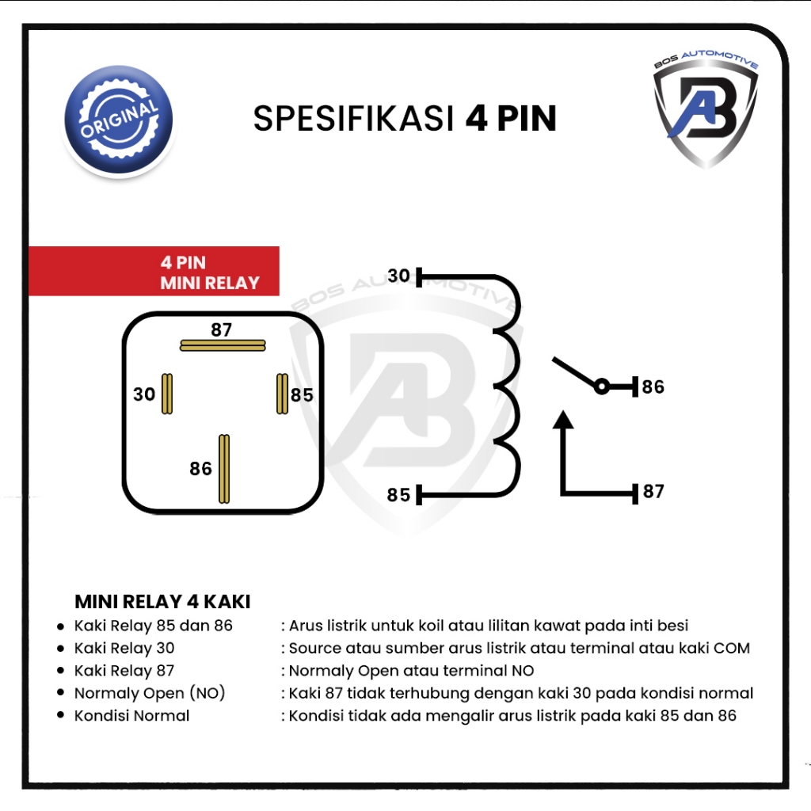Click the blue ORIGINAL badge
pos(119,120)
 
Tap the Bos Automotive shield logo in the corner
pos(706,109)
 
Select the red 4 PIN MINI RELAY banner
pos(154,272)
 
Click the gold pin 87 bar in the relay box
pos(223,345)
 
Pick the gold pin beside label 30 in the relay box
pos(167,394)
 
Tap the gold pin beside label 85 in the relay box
pos(283,394)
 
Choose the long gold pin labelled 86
pos(224,469)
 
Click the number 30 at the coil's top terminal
pos(399,276)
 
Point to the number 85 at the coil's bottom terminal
pos(399,495)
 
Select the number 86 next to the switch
pos(653,386)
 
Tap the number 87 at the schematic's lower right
pos(653,491)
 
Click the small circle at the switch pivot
pos(602,386)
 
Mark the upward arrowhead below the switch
pos(563,420)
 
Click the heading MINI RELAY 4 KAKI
pos(162,602)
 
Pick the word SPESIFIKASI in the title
pos(353,119)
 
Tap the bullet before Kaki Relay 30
pos(61,649)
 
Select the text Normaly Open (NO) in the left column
pos(150,693)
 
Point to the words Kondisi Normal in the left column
pos(132,716)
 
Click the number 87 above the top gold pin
pos(222,329)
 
